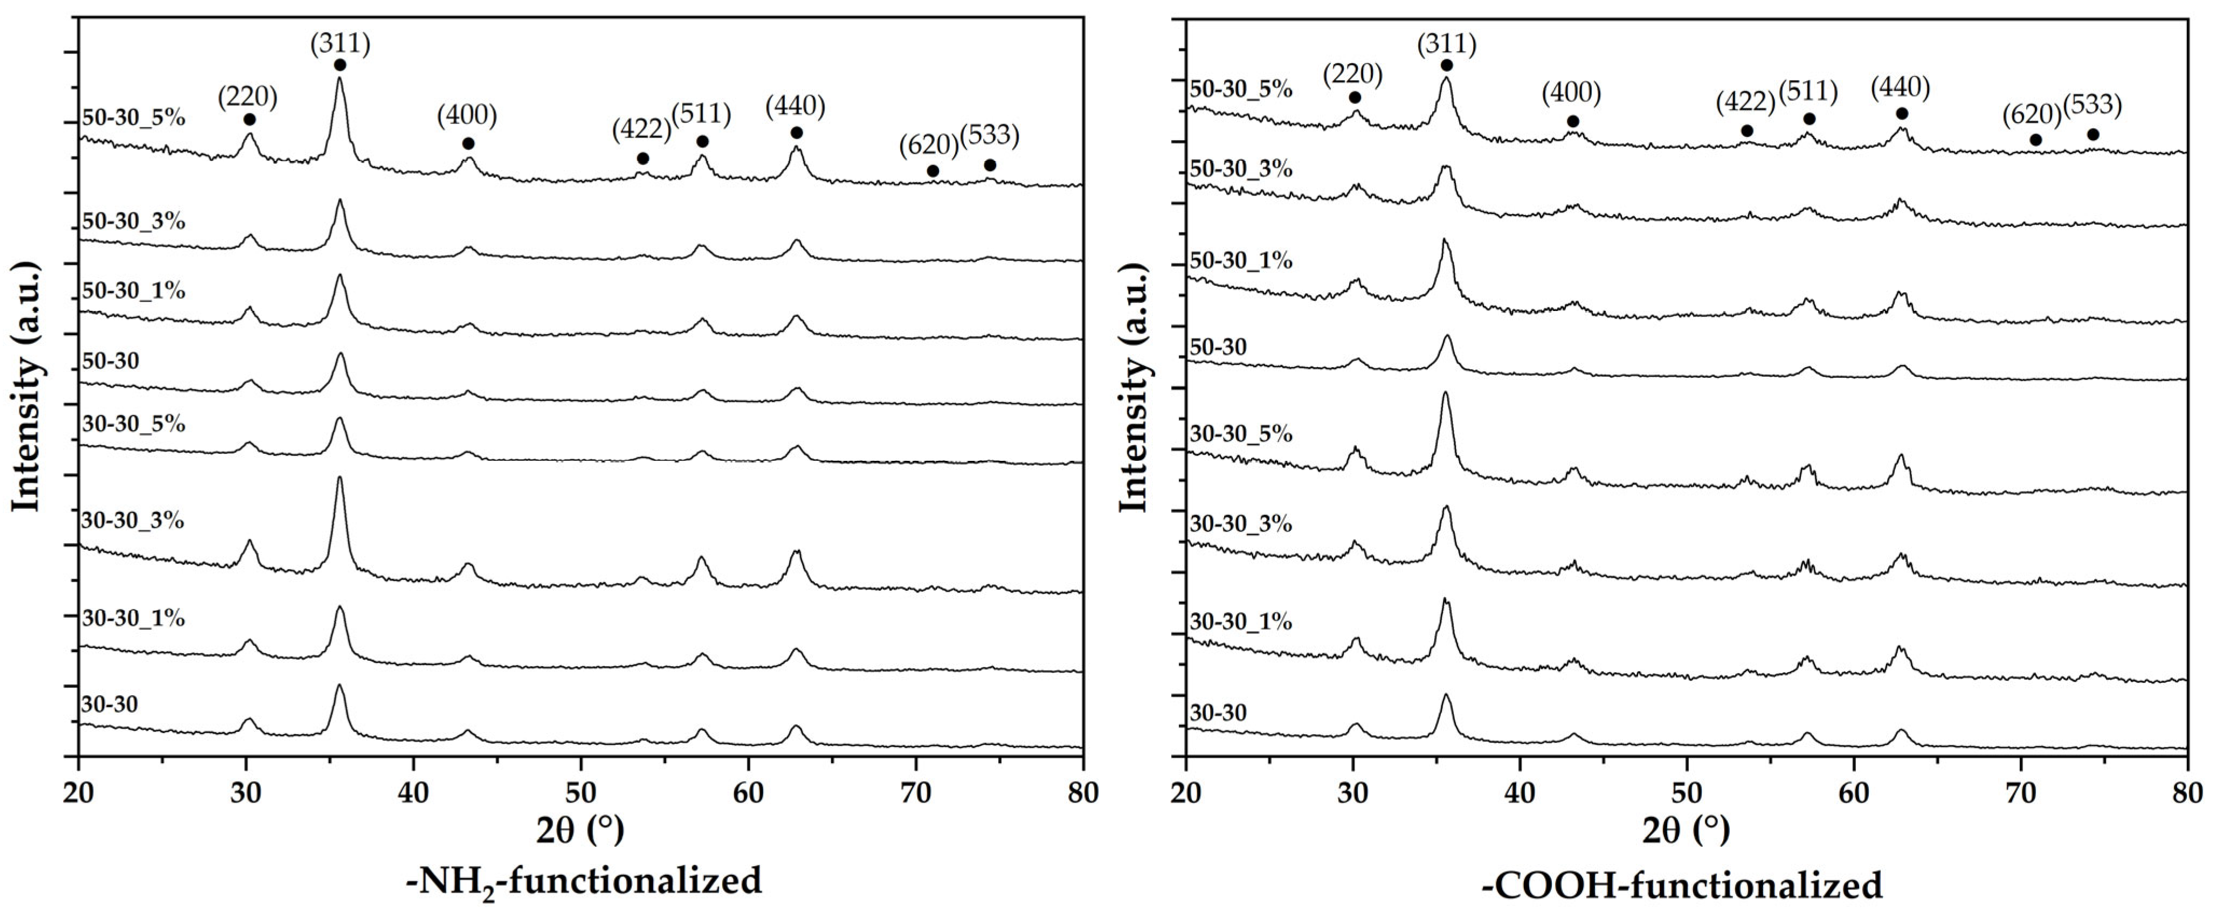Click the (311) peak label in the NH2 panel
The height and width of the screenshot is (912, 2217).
[x=340, y=44]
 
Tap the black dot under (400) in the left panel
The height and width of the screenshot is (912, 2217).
[x=468, y=143]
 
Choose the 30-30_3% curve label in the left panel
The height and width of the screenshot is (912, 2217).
[x=133, y=521]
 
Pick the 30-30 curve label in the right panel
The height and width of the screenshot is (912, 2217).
[x=1218, y=713]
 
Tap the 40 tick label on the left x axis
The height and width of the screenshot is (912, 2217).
[x=413, y=794]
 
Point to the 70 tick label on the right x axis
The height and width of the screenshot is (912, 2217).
[x=2020, y=794]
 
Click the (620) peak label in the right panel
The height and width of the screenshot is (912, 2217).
[x=2032, y=114]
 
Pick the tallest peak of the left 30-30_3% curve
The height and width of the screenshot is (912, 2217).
[x=339, y=479]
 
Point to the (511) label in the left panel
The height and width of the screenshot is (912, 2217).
[x=701, y=114]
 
